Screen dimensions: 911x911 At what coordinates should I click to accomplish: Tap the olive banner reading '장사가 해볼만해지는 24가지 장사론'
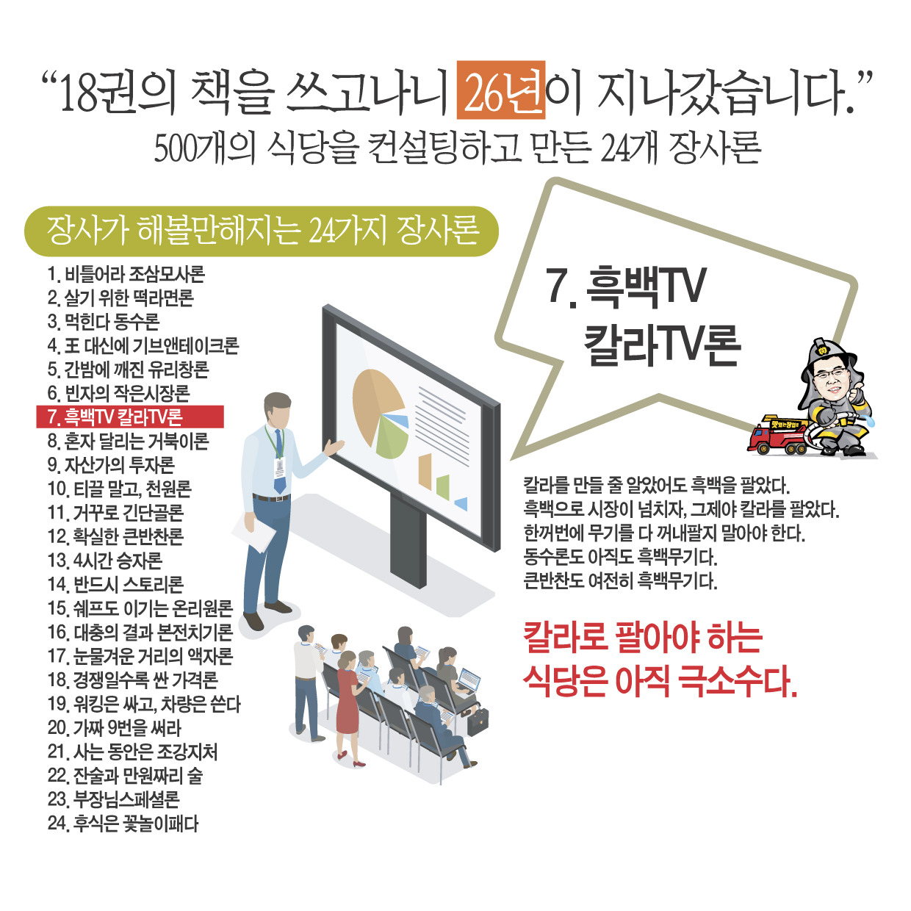coord(262,231)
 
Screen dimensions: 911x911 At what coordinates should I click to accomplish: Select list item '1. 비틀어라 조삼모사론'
coord(126,275)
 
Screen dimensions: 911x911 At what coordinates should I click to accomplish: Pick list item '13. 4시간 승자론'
coord(104,561)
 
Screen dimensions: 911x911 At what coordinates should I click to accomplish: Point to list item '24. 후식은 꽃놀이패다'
coord(123,824)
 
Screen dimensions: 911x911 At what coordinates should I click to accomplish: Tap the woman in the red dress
coord(347,698)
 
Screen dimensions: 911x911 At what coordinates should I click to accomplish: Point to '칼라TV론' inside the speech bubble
coord(661,345)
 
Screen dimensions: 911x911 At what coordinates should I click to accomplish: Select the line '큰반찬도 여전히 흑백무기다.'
coord(620,581)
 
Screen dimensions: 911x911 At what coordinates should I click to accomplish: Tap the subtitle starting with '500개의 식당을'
coord(457,148)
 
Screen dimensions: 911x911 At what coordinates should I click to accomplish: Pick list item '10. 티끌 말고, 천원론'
coord(119,489)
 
